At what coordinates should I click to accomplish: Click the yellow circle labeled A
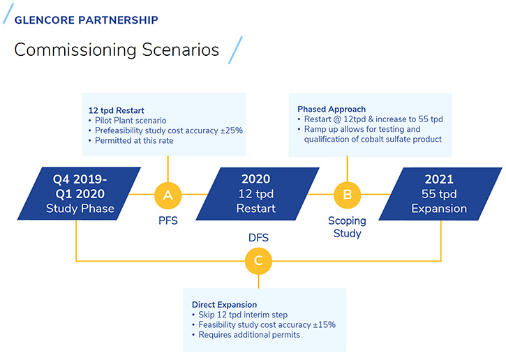168,195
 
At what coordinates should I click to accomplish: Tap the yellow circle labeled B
348,195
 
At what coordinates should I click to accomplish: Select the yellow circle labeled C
258,261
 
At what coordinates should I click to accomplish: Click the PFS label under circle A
168,220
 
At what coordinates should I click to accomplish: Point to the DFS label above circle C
258,238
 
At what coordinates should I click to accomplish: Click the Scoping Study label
348,227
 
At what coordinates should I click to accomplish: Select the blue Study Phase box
79,193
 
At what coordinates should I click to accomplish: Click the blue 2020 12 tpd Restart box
258,193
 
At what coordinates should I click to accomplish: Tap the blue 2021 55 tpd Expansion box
440,194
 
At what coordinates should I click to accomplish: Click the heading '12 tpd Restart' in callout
116,111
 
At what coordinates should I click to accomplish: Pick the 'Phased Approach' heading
332,109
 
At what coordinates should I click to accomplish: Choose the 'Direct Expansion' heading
224,305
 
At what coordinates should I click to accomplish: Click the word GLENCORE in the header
45,20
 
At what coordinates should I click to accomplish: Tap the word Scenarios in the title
180,50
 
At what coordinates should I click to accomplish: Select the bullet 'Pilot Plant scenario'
131,121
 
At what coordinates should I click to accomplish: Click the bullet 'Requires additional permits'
249,335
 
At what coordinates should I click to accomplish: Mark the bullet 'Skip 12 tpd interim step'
243,315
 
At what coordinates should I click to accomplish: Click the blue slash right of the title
235,50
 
